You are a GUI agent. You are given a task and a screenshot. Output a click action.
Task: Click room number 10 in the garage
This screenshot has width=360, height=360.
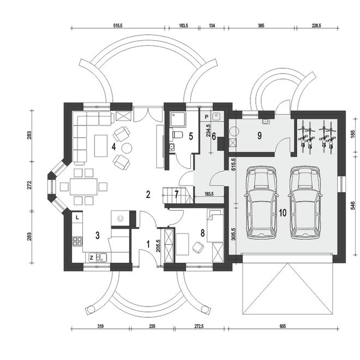pyautogui.click(x=283, y=213)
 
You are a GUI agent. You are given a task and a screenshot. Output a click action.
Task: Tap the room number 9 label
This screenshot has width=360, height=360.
pyautogui.click(x=260, y=136)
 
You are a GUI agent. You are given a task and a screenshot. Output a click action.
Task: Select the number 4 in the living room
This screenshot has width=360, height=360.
pyautogui.click(x=113, y=147)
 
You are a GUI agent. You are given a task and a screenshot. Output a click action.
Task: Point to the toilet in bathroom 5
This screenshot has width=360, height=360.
pyautogui.click(x=177, y=135)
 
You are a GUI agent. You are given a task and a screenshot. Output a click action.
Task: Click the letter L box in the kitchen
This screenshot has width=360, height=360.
pyautogui.click(x=77, y=218)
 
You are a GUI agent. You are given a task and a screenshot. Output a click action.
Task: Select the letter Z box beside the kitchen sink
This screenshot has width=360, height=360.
pyautogui.click(x=91, y=257)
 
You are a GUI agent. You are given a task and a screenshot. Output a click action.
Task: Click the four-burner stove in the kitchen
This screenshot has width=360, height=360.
pyautogui.click(x=77, y=241)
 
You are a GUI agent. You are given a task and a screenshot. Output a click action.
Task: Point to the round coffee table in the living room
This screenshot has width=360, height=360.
pyautogui.click(x=127, y=148)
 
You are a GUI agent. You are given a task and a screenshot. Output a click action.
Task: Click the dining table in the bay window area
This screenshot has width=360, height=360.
pyautogui.click(x=84, y=187)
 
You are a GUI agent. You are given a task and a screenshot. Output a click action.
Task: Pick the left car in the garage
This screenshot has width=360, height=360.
pyautogui.click(x=261, y=202)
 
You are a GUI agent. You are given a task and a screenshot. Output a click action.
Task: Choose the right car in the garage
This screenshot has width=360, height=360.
pyautogui.click(x=305, y=202)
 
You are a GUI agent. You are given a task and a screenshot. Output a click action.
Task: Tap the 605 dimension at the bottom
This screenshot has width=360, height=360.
pyautogui.click(x=283, y=326)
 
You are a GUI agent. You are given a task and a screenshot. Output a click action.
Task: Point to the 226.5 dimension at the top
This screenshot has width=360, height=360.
pyautogui.click(x=316, y=26)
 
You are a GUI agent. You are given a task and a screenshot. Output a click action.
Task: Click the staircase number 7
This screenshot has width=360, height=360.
pyautogui.click(x=176, y=195)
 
